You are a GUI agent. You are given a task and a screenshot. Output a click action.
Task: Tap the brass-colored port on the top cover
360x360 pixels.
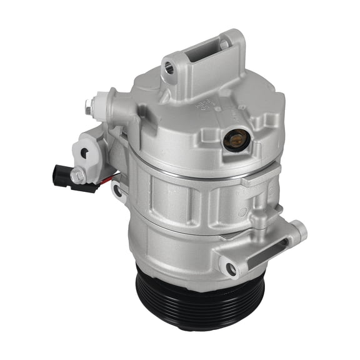[235, 141]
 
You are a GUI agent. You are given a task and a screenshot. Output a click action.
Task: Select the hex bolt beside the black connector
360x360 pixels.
[78, 177]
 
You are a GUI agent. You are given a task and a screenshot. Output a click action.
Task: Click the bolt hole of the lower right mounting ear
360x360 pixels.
[232, 269]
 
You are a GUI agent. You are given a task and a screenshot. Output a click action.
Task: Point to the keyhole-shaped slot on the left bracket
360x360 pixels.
[84, 152]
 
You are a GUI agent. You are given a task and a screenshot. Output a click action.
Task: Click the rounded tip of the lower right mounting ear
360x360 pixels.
[301, 231]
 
